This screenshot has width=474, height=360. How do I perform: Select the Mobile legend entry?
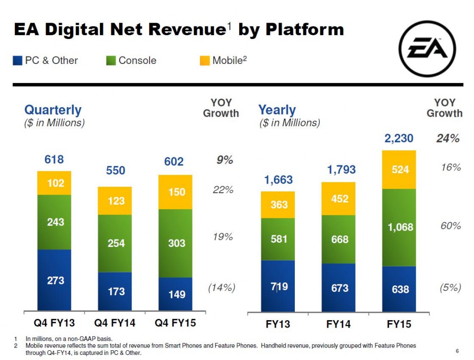224,60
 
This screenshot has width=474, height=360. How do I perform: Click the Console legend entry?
131,60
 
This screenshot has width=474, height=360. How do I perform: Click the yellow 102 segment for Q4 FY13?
55,183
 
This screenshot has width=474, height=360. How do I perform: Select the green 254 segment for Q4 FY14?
116,243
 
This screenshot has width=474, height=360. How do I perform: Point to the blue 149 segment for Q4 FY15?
176,294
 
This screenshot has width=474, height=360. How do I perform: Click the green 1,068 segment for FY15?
400,227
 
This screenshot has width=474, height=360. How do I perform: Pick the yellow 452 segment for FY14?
339,199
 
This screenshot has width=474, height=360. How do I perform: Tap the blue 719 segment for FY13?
278,286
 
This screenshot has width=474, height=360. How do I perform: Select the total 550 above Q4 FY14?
116,171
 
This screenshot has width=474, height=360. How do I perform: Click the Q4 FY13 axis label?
55,323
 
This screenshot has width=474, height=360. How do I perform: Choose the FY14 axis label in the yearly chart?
339,324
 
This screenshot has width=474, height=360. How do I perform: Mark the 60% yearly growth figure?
450,226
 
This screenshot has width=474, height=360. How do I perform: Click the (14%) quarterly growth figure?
222,288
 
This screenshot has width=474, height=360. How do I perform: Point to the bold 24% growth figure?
448,138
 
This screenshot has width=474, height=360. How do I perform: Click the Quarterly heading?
52,110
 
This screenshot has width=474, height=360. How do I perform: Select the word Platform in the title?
305,30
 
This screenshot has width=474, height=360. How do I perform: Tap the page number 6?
457,350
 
